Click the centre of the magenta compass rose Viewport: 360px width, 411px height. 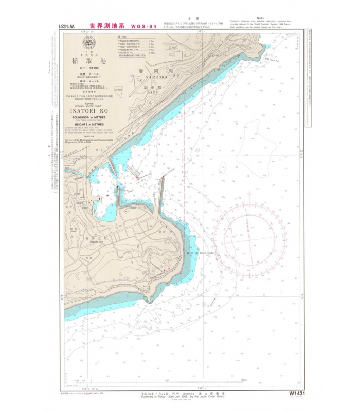(250, 239)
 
